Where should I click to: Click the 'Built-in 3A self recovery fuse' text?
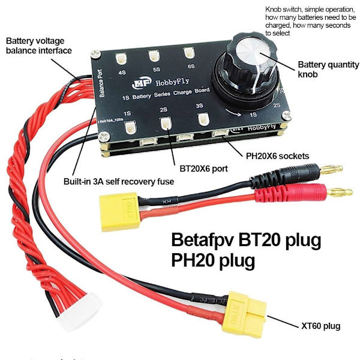point(118,180)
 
